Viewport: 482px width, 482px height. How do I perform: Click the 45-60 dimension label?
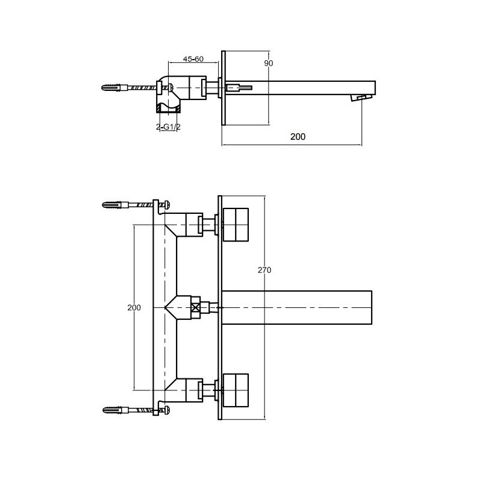coord(193,59)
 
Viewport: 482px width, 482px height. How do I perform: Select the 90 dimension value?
coord(269,63)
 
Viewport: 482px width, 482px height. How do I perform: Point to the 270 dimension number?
coord(264,271)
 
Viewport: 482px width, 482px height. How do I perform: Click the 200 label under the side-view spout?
coord(298,137)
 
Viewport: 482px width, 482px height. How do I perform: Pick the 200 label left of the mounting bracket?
coord(134,307)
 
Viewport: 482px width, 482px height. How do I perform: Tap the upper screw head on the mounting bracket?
coord(164,205)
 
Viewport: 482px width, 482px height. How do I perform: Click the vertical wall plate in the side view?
coord(224,88)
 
